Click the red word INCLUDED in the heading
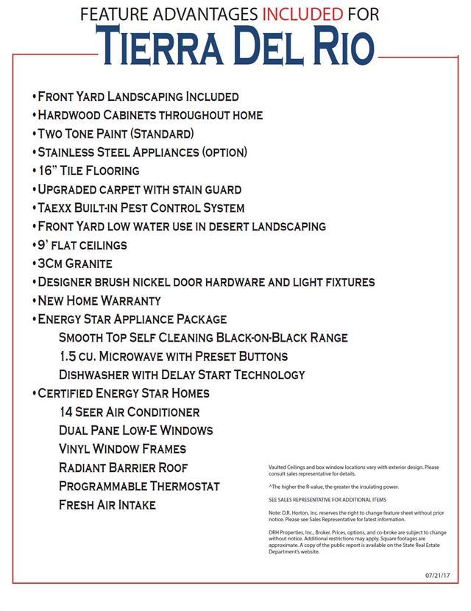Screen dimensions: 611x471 tap(302, 14)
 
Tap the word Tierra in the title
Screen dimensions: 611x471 tap(166, 46)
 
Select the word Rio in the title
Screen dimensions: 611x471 tap(341, 46)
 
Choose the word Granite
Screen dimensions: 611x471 tap(88, 264)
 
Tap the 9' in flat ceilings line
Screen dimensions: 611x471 tap(43, 245)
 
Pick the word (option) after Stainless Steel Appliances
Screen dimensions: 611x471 tap(215, 152)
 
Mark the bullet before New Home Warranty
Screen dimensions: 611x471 tap(34, 301)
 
